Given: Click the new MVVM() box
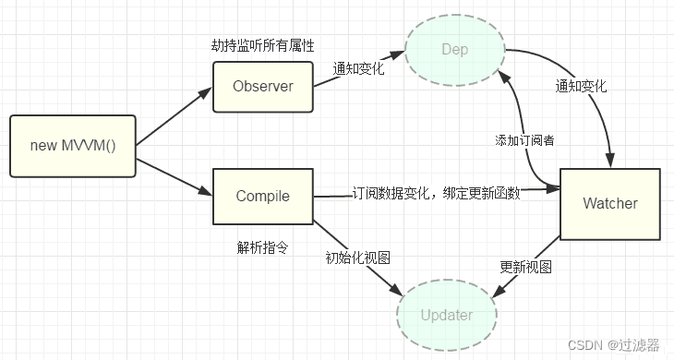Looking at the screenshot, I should (x=72, y=146).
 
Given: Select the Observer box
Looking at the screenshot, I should (x=263, y=87).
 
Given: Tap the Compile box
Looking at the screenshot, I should (x=263, y=196).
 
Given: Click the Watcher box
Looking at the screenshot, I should (x=610, y=203).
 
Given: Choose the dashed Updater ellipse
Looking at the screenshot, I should (x=447, y=315).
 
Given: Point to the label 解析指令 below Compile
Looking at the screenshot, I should (x=263, y=247).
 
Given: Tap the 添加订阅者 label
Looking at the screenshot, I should (x=524, y=139).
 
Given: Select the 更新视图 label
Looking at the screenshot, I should (x=525, y=267).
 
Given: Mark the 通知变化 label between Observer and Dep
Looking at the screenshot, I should (x=361, y=70).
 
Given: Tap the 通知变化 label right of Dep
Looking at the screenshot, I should (x=581, y=86).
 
